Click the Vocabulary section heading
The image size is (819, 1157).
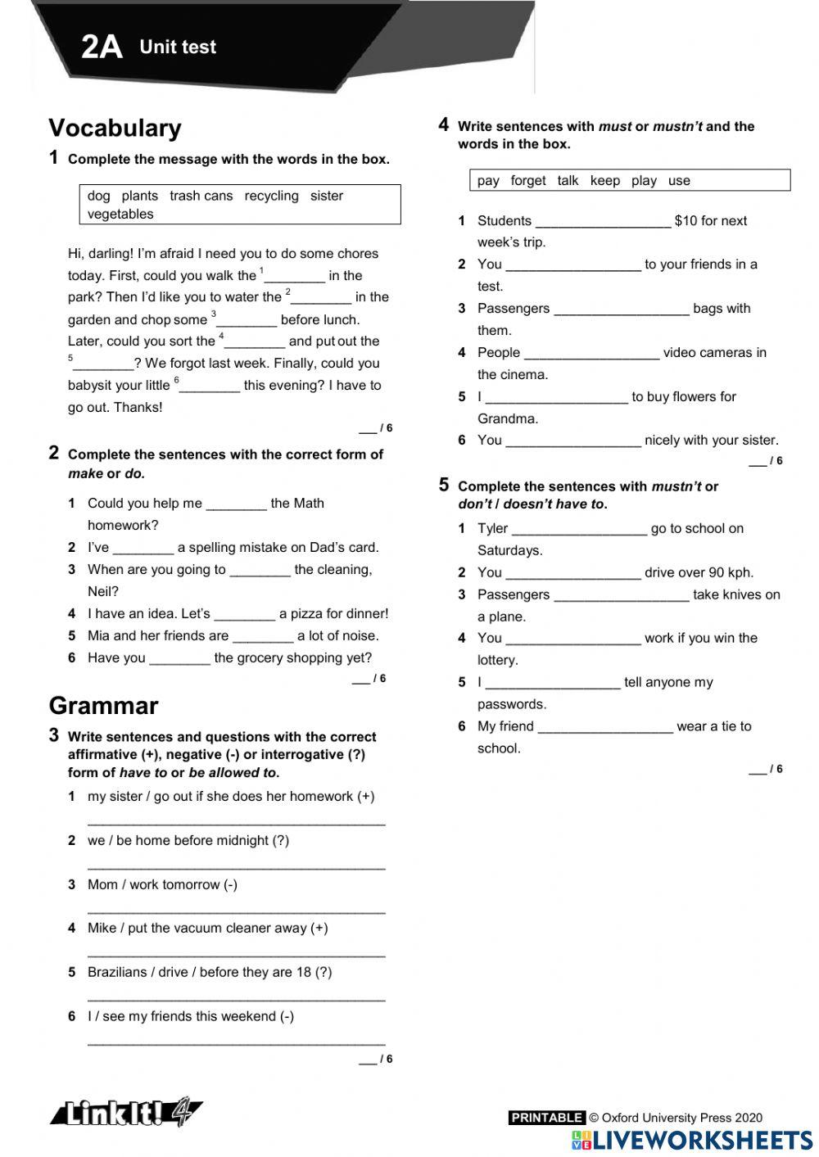[x=115, y=128]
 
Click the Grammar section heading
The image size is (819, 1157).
[x=103, y=706]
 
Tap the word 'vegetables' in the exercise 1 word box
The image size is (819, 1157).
[x=120, y=215]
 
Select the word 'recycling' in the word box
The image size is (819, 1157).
[x=271, y=196]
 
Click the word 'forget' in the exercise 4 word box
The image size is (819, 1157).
[x=527, y=180]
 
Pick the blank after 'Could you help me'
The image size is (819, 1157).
[x=236, y=504]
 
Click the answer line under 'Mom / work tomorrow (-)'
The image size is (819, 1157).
[x=236, y=909]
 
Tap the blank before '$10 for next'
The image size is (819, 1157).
[x=602, y=222]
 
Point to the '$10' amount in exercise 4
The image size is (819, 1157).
[x=685, y=221]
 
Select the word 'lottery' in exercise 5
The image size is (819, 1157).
[x=496, y=660]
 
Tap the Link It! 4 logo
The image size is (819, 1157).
[x=127, y=1113]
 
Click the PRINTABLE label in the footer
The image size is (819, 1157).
[x=546, y=1118]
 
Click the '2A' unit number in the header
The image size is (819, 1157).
[x=102, y=47]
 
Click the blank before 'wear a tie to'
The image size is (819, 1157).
[x=605, y=727]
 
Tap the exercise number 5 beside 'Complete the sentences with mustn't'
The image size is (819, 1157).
[x=444, y=485]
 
